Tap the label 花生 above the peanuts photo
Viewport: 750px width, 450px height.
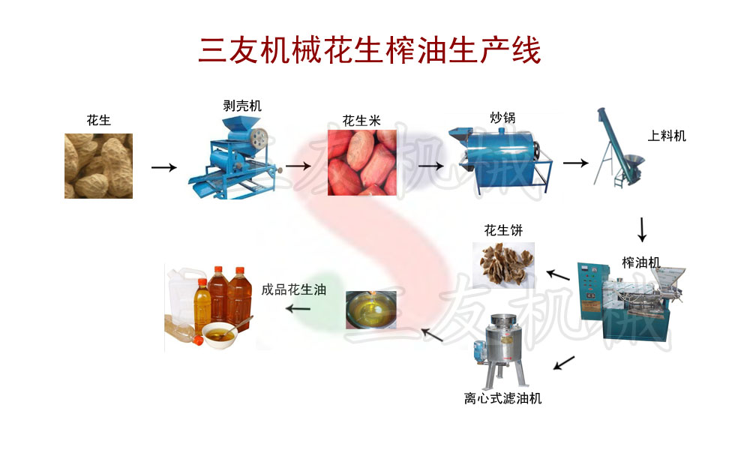coord(98,120)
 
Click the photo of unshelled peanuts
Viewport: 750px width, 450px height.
coord(98,166)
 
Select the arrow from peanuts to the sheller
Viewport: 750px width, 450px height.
coord(163,167)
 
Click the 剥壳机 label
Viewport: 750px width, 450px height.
coord(242,106)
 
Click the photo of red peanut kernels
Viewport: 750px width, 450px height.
coord(361,163)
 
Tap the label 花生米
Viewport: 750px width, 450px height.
coord(361,120)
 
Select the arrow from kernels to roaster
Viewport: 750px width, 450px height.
coord(429,166)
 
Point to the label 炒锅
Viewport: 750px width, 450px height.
coord(502,118)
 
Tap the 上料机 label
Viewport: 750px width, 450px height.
coord(667,136)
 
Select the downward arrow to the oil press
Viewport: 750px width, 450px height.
coord(642,229)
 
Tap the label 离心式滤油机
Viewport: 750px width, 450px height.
coord(502,398)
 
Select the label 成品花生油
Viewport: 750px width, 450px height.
coord(293,289)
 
